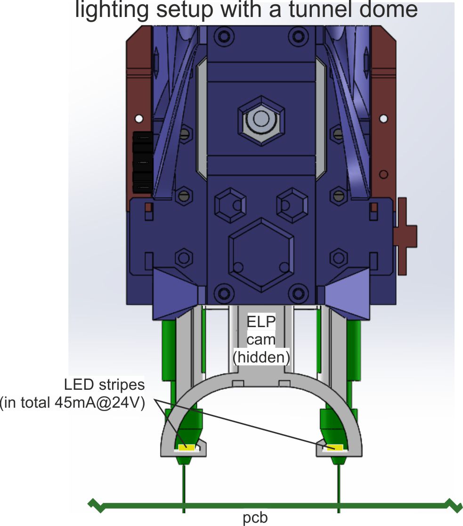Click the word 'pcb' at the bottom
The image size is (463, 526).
[x=255, y=518]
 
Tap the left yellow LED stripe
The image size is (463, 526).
[x=187, y=447]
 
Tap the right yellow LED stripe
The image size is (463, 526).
[x=335, y=447]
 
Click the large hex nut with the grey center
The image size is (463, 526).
[x=261, y=120]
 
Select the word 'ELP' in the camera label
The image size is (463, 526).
[x=261, y=322]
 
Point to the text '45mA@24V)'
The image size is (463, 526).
[x=100, y=403]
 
